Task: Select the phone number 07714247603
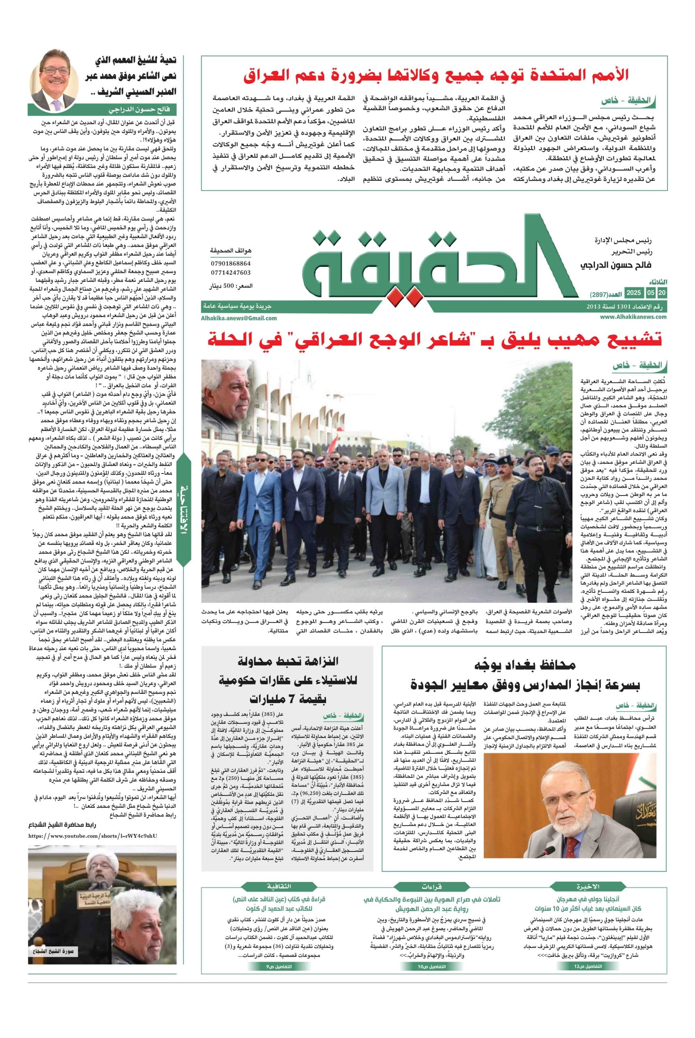pos(230,272)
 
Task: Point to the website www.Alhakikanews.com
pos(633,316)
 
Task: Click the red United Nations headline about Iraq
pos(436,75)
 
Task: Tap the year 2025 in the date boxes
pos(633,293)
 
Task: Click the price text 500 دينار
pos(230,286)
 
